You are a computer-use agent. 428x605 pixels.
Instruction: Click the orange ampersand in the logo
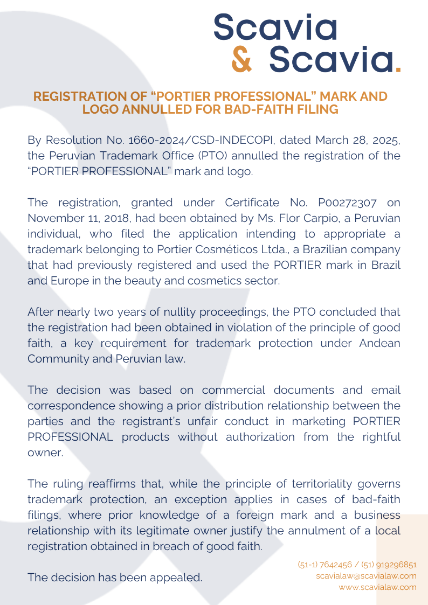click(241, 60)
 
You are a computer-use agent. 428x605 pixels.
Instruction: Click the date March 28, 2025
click(358, 140)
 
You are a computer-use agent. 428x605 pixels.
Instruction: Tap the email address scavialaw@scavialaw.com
click(366, 576)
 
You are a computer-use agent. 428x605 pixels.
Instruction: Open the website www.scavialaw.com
click(377, 587)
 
